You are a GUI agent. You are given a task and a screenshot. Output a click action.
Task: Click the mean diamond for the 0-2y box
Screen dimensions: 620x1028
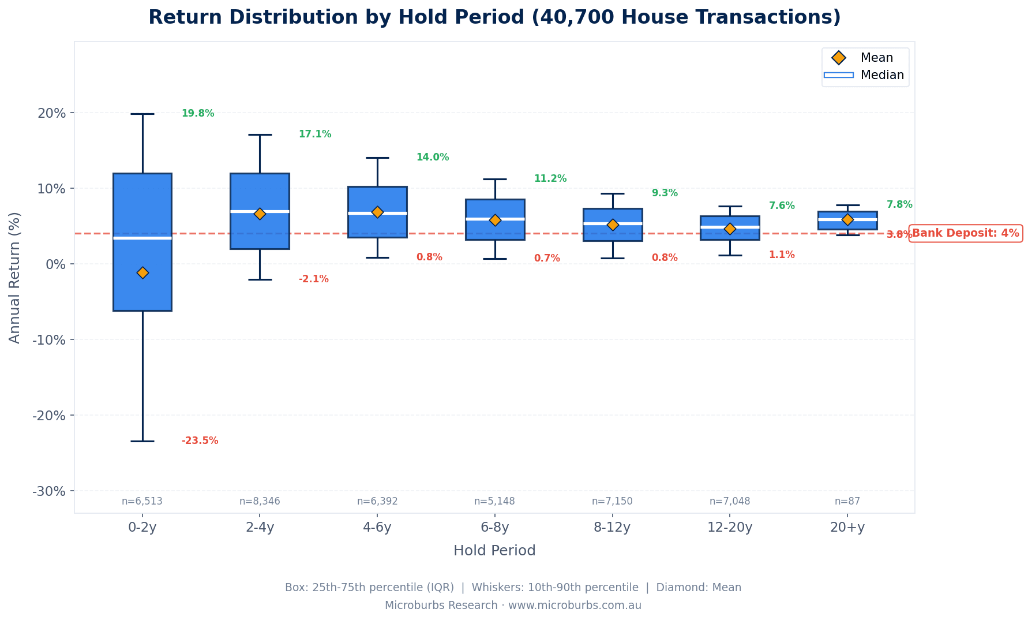[x=142, y=272]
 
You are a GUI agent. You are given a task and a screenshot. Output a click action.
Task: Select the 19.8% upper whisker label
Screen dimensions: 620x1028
[x=198, y=114]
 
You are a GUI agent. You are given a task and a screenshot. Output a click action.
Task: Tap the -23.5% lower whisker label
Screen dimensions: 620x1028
[x=200, y=441]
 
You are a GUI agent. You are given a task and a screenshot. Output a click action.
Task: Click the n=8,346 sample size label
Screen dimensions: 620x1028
[x=260, y=501]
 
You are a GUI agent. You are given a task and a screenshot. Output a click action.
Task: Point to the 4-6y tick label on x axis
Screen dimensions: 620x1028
[x=377, y=528]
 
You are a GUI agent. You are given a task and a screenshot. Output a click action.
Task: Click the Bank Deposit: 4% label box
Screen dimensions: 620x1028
[x=965, y=234]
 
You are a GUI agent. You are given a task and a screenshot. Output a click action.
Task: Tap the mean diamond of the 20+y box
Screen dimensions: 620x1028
[x=847, y=219]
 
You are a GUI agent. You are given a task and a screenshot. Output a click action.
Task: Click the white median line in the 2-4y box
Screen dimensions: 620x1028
[x=260, y=211]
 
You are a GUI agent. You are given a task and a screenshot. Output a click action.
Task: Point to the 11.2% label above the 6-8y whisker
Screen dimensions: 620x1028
[x=550, y=179]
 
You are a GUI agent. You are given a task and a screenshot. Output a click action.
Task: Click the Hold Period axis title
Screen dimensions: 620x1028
[x=494, y=551]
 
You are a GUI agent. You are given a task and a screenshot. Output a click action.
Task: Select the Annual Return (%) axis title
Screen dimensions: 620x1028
[x=15, y=278]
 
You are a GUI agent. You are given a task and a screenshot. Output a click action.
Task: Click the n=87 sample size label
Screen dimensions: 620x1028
[x=847, y=501]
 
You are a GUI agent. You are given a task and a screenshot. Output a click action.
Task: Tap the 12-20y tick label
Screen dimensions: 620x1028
[x=730, y=528]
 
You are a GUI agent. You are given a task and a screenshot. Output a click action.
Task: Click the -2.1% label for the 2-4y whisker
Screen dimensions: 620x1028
[x=313, y=279]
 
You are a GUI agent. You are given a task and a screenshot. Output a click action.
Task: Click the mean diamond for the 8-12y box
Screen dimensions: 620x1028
[x=613, y=225]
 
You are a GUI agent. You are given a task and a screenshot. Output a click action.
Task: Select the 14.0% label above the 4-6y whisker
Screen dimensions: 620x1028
[x=432, y=158]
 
